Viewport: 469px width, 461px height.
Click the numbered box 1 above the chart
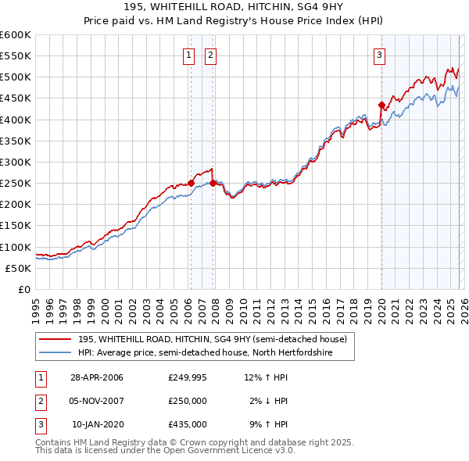189,55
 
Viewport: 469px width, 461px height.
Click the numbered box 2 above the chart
211,55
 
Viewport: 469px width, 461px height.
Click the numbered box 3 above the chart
379,55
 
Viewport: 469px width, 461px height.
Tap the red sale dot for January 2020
381,105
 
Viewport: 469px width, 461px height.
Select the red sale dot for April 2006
191,183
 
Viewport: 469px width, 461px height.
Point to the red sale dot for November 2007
213,183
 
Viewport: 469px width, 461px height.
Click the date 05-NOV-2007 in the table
97,402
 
